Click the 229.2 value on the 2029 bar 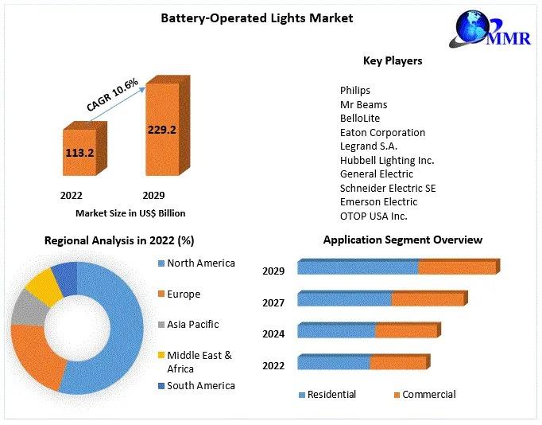coord(161,129)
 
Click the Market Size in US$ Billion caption coord(130,213)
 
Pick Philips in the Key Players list coord(355,91)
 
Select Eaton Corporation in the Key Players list coord(382,132)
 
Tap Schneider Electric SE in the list coord(388,189)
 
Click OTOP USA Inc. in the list coord(374,216)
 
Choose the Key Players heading coord(393,60)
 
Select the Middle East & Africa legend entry coord(199,361)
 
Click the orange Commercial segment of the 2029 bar coord(457,268)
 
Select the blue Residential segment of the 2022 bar coord(334,363)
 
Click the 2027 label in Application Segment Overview coord(273,302)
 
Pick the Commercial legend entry coord(428,395)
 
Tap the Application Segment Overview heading coord(402,240)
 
